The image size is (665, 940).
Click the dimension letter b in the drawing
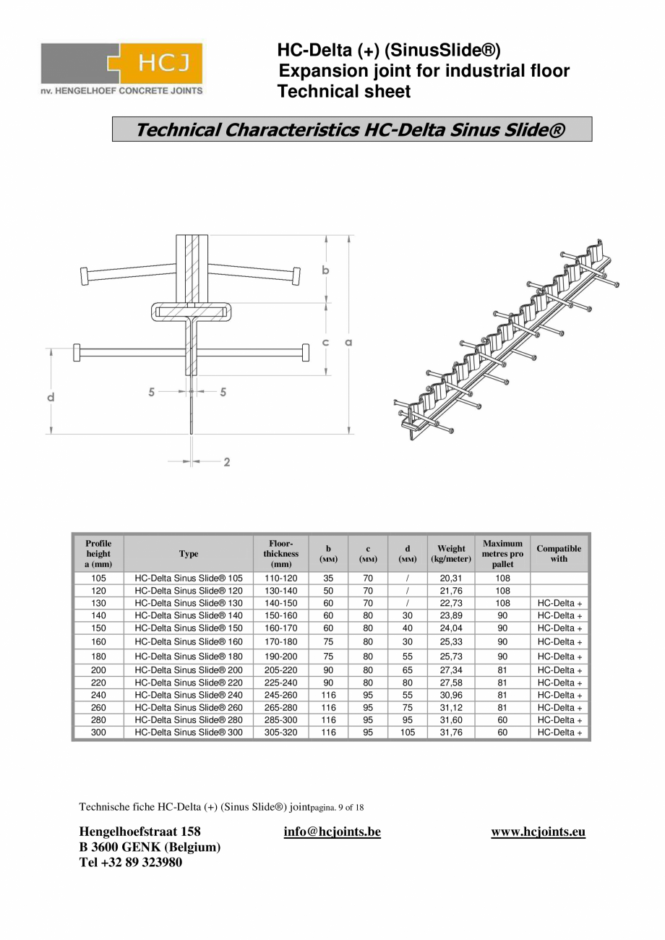pyautogui.click(x=326, y=270)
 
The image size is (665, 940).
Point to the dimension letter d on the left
pyautogui.click(x=51, y=397)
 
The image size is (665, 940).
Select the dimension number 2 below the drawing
pyautogui.click(x=226, y=461)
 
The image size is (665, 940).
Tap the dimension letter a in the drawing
pyautogui.click(x=348, y=341)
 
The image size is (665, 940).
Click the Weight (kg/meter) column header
pyautogui.click(x=452, y=554)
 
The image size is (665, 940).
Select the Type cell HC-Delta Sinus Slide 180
pyautogui.click(x=189, y=657)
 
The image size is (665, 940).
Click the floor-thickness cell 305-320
pyautogui.click(x=280, y=732)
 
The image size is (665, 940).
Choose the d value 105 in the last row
pyautogui.click(x=408, y=732)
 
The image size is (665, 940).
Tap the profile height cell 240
pyautogui.click(x=98, y=695)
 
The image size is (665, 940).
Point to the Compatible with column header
pyautogui.click(x=559, y=554)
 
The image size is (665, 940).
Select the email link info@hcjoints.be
pyautogui.click(x=332, y=832)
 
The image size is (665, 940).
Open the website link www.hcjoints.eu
pyautogui.click(x=539, y=832)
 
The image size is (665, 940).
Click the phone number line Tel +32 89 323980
pyautogui.click(x=130, y=863)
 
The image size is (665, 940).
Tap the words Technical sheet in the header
pyautogui.click(x=344, y=92)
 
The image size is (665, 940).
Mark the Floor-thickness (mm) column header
pyautogui.click(x=280, y=554)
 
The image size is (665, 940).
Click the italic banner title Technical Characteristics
pyautogui.click(x=351, y=130)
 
